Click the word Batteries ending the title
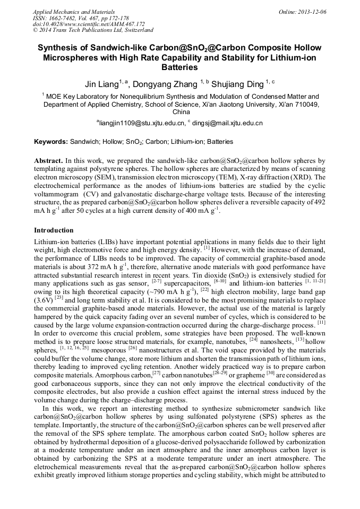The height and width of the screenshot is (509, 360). pyautogui.click(x=179, y=67)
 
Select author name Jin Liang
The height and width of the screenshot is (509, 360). pyautogui.click(x=102, y=84)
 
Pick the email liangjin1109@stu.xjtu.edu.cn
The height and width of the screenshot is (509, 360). pyautogui.click(x=141, y=123)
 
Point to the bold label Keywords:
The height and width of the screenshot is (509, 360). pyautogui.click(x=51, y=142)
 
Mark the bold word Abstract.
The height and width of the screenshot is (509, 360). pyautogui.click(x=48, y=160)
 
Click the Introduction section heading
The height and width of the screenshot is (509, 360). pyautogui.click(x=54, y=230)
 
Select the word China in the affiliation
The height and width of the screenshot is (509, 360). pyautogui.click(x=181, y=112)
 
